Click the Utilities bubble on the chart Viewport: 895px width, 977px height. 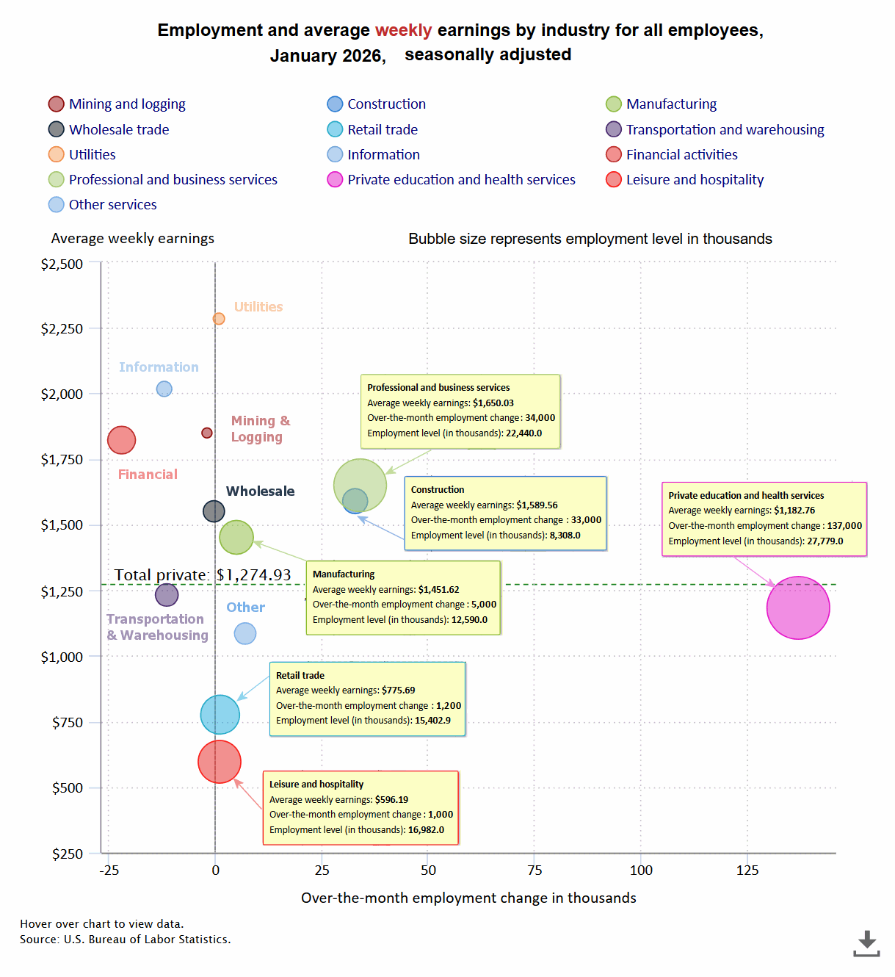coord(219,319)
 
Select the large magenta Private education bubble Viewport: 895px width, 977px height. coord(798,608)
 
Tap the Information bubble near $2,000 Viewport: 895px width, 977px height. coord(164,389)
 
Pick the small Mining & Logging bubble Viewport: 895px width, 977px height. coord(207,433)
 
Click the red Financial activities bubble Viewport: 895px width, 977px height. coord(122,440)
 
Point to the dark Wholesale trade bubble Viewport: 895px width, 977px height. coord(214,511)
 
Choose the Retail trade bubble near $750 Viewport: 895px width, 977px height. coord(220,714)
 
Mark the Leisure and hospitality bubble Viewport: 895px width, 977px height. coord(220,762)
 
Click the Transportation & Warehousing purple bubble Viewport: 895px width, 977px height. coord(167,594)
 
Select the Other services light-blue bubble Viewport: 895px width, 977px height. coord(245,633)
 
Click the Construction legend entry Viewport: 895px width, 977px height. coord(385,104)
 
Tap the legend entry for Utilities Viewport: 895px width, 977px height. coord(92,155)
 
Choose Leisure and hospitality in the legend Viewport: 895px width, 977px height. coord(694,180)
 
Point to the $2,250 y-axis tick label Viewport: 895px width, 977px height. coord(62,329)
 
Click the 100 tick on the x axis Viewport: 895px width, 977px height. coord(641,870)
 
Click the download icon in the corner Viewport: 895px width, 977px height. coord(867,943)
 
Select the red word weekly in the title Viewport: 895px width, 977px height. coord(403,31)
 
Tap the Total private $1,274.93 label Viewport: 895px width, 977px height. coord(203,575)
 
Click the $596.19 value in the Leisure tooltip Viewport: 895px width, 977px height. coord(391,800)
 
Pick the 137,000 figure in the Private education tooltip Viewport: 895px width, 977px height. coord(844,526)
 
